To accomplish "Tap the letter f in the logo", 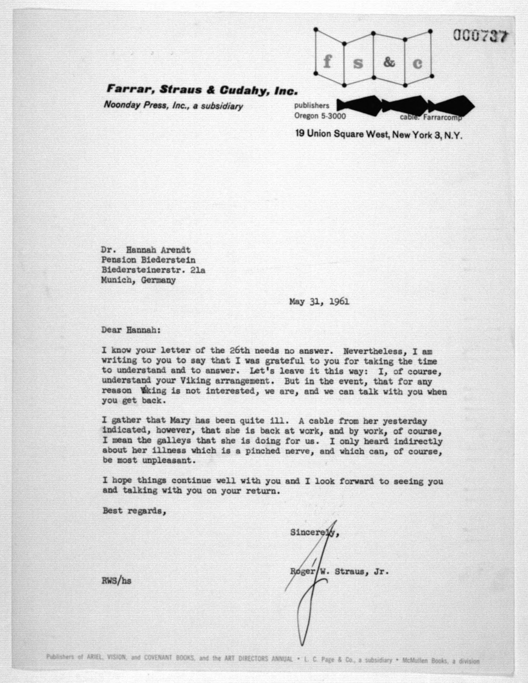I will pos(327,62).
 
